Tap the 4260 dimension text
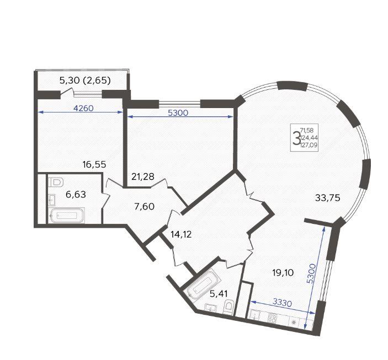pyautogui.click(x=84, y=108)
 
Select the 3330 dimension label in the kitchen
pyautogui.click(x=283, y=303)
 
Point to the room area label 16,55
pyautogui.click(x=94, y=164)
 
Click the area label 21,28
pyautogui.click(x=143, y=176)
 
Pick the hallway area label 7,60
pyautogui.click(x=144, y=206)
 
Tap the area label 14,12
pyautogui.click(x=181, y=234)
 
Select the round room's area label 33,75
pyautogui.click(x=328, y=198)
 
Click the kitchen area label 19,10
pyautogui.click(x=283, y=273)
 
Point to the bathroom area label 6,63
pyautogui.click(x=76, y=195)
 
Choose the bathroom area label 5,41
pyautogui.click(x=219, y=293)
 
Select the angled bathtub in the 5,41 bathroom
pyautogui.click(x=204, y=284)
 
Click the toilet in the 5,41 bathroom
pyautogui.click(x=228, y=308)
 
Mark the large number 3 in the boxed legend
pyautogui.click(x=296, y=139)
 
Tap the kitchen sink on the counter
pyautogui.click(x=254, y=315)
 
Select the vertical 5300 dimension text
pyautogui.click(x=312, y=273)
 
